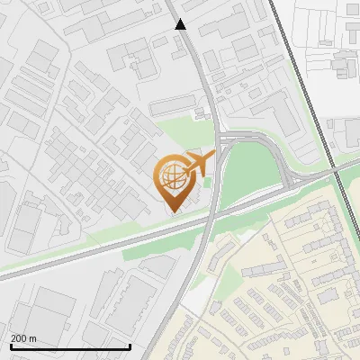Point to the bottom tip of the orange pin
click(173, 211)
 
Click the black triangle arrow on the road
click(181, 24)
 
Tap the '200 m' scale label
click(22, 337)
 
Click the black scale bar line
click(70, 346)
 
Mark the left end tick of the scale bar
click(11, 345)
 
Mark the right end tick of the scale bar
click(130, 345)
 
